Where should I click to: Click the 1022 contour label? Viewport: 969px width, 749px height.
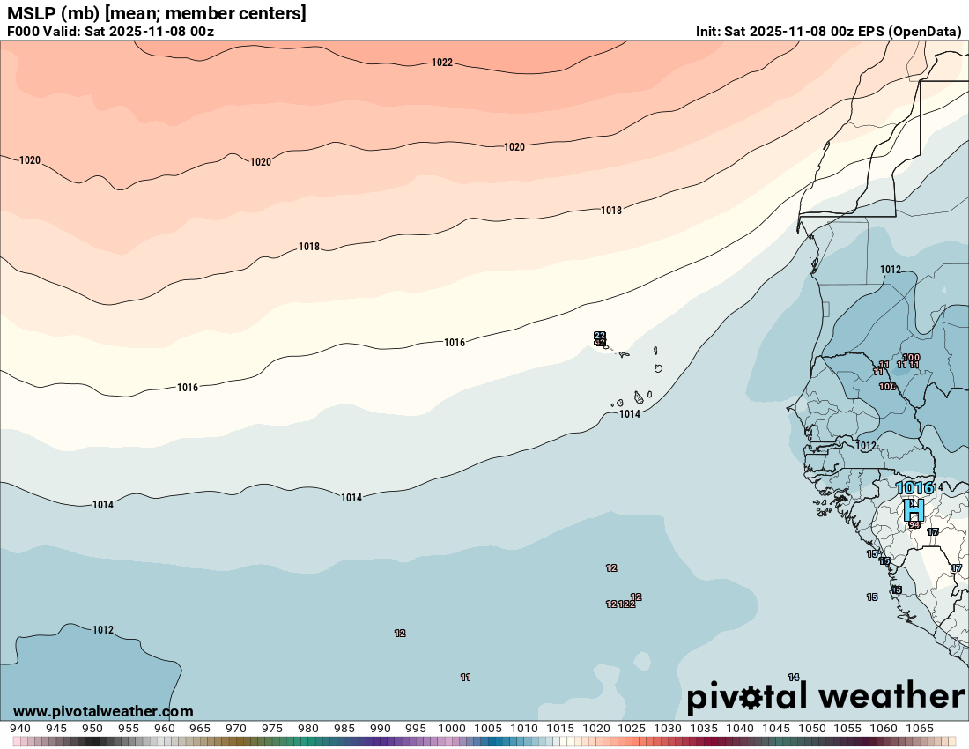point(442,63)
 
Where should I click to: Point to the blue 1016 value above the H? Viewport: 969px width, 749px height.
point(914,488)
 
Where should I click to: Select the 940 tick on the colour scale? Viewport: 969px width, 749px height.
point(20,729)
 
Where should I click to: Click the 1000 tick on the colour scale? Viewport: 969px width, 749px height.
point(452,729)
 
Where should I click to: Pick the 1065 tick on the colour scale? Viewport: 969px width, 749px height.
point(920,729)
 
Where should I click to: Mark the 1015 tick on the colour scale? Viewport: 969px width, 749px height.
point(560,729)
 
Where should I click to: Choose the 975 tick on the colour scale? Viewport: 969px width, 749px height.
point(272,729)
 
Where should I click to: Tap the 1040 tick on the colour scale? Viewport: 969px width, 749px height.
point(740,729)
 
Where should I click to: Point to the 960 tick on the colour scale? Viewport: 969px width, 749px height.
point(164,729)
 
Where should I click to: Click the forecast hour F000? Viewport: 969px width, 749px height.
point(24,32)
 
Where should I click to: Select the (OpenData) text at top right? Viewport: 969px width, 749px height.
point(925,32)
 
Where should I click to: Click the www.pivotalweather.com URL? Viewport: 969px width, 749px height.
point(103,711)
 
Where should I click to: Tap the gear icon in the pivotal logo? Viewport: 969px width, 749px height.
point(751,698)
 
